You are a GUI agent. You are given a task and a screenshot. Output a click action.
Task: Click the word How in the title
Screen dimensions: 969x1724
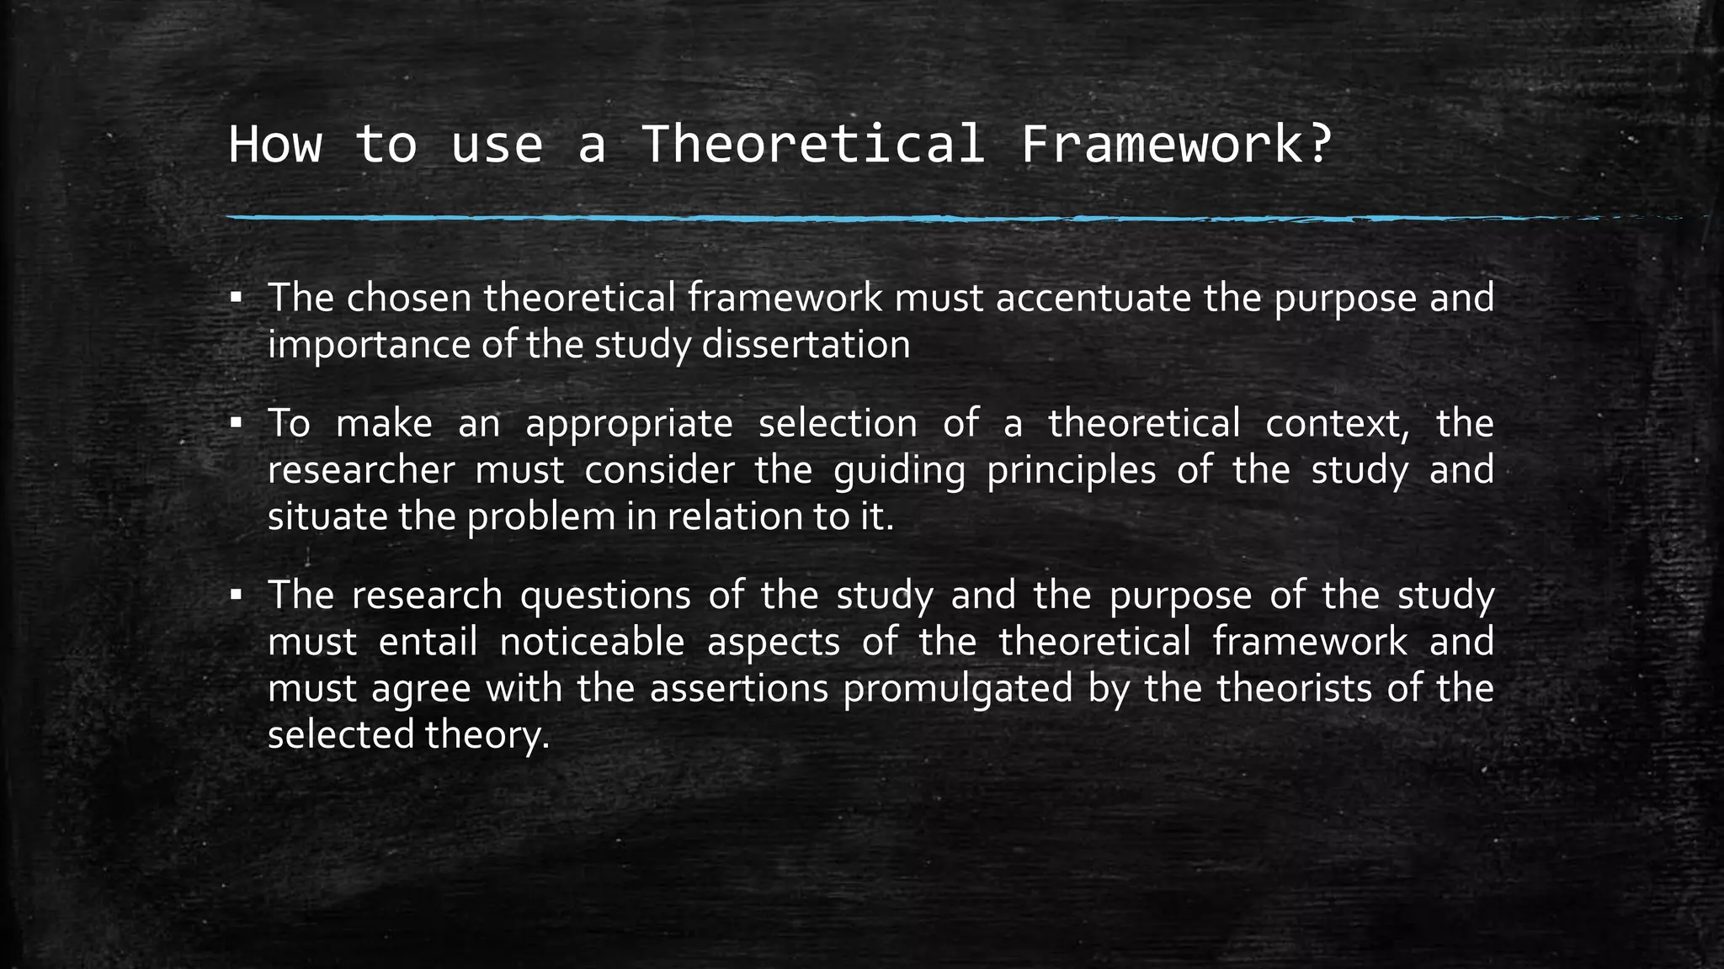[x=274, y=144]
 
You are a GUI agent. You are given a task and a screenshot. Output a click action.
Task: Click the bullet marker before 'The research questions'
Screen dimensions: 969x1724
[x=237, y=594]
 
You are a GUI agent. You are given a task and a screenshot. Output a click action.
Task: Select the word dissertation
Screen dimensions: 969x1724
[x=806, y=345]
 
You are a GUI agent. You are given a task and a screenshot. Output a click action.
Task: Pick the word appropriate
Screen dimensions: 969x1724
[x=629, y=424]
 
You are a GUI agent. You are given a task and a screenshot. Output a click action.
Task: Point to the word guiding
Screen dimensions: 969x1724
[x=899, y=470]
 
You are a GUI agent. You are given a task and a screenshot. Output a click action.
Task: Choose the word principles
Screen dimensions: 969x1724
[x=1071, y=470]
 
